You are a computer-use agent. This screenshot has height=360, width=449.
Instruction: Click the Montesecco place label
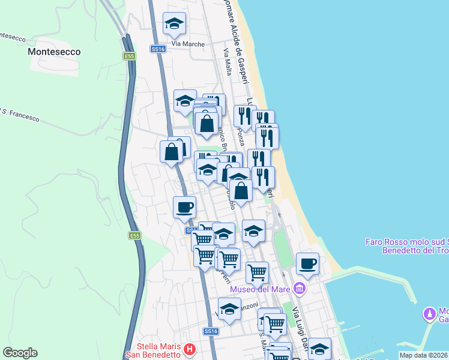pyautogui.click(x=54, y=52)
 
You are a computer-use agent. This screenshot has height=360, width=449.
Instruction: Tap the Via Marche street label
pyautogui.click(x=188, y=44)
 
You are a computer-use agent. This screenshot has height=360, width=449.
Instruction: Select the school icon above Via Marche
pyautogui.click(x=175, y=24)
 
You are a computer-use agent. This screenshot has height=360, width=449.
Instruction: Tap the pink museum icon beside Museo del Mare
pyautogui.click(x=299, y=289)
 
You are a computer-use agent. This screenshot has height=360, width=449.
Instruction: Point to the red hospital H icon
pyautogui.click(x=190, y=349)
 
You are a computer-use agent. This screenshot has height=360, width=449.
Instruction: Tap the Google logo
pyautogui.click(x=20, y=353)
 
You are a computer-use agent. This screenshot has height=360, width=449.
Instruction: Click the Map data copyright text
pyautogui.click(x=423, y=355)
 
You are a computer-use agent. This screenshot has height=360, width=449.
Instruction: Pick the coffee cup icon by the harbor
pyautogui.click(x=307, y=264)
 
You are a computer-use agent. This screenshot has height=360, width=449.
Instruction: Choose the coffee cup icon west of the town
pyautogui.click(x=184, y=208)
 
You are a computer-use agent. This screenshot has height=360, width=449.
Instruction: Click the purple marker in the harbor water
pyautogui.click(x=429, y=314)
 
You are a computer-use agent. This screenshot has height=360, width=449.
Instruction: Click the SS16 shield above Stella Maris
pyautogui.click(x=209, y=331)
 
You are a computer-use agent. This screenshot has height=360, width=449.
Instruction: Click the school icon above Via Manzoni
pyautogui.click(x=229, y=310)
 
